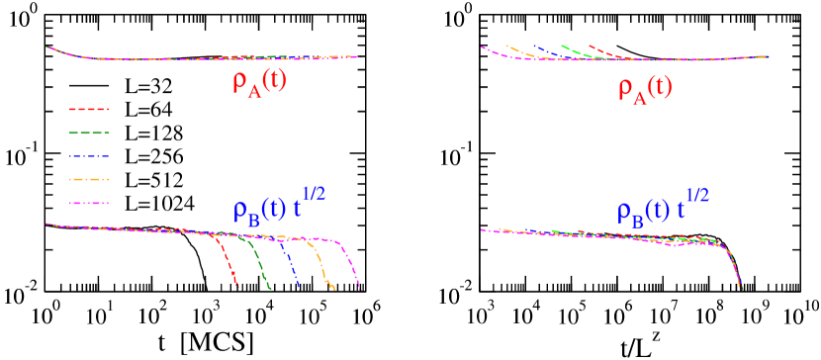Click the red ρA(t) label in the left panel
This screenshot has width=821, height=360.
click(259, 82)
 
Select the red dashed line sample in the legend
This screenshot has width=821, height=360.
click(89, 109)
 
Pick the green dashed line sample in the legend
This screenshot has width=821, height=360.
click(89, 133)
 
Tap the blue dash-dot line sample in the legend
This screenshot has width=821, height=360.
click(89, 156)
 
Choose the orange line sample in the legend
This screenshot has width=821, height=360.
click(89, 180)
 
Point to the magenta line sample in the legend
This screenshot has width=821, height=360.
click(89, 204)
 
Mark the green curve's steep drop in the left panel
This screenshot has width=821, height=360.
click(260, 265)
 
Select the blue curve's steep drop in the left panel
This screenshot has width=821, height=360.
click(291, 265)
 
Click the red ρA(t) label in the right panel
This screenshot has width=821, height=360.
click(645, 88)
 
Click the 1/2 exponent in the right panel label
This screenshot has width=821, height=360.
click(696, 194)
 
